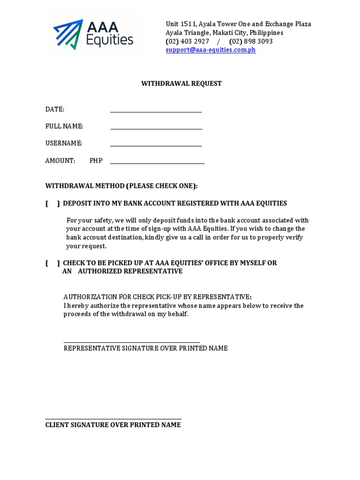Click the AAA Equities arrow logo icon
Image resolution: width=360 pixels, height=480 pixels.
pyautogui.click(x=68, y=34)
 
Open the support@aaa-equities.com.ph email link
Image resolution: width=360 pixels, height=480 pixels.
pyautogui.click(x=210, y=50)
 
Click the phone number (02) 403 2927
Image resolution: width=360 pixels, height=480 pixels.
pyautogui.click(x=187, y=41)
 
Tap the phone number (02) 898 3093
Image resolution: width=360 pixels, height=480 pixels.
pyautogui.click(x=251, y=41)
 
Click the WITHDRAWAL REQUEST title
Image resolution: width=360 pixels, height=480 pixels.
pyautogui.click(x=181, y=84)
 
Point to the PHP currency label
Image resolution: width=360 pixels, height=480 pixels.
pyautogui.click(x=96, y=161)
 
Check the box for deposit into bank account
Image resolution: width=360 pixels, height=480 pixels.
pyautogui.click(x=52, y=203)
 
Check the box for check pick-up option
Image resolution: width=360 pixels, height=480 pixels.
pyautogui.click(x=52, y=263)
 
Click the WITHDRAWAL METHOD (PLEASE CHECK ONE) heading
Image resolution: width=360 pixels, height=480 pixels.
pyautogui.click(x=121, y=186)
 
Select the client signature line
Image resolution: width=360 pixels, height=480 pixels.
pyautogui.click(x=113, y=418)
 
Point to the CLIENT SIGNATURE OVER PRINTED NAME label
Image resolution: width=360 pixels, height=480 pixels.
pyautogui.click(x=113, y=425)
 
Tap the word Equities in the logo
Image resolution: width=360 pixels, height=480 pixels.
pyautogui.click(x=110, y=41)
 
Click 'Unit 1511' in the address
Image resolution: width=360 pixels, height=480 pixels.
pyautogui.click(x=180, y=24)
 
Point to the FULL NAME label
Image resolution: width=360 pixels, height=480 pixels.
pyautogui.click(x=64, y=127)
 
